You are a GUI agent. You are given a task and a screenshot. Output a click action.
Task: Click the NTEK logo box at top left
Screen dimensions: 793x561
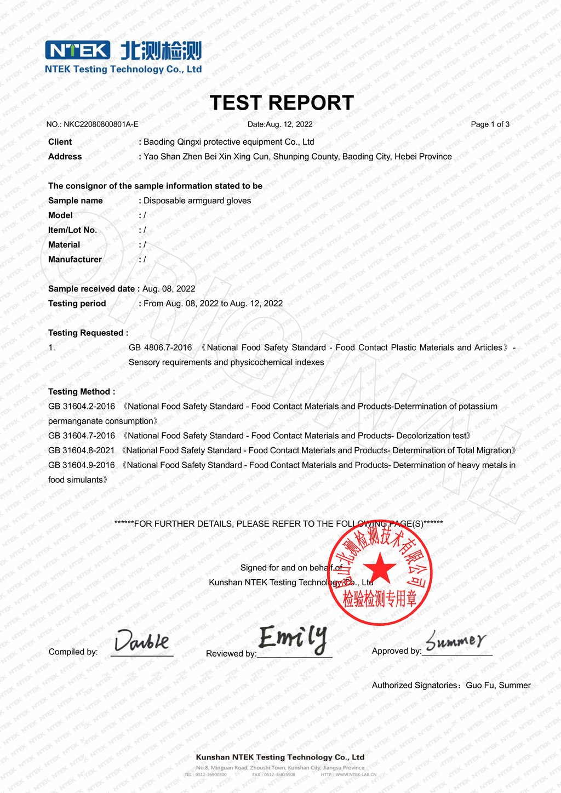[x=78, y=50]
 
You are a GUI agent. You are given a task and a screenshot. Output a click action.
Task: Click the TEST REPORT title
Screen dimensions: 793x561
[x=282, y=103]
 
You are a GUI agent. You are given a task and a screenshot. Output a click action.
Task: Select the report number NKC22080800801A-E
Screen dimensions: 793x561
[x=101, y=124]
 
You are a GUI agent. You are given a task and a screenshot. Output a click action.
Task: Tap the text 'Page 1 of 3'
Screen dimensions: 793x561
[x=490, y=124]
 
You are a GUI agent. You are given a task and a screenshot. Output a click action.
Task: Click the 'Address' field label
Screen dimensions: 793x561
[x=65, y=157]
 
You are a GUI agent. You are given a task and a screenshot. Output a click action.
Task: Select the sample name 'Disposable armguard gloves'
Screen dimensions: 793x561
[x=197, y=201]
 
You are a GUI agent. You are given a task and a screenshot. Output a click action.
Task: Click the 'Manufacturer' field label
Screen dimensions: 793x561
[x=75, y=260]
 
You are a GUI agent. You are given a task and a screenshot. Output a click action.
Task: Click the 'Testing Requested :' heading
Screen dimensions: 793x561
[x=88, y=333]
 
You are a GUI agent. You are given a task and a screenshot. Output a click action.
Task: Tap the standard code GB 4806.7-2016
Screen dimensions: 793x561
[x=160, y=348]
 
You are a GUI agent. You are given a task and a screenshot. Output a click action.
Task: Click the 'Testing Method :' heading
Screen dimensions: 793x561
[x=82, y=392]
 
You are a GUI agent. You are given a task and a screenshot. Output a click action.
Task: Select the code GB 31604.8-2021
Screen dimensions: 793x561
[x=82, y=450]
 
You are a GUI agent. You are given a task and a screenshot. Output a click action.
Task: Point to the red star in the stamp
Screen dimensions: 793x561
[x=379, y=569]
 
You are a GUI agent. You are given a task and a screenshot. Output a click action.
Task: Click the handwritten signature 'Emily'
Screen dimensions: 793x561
[x=293, y=638]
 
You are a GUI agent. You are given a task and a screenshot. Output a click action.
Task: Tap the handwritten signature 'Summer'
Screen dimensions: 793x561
[x=455, y=640]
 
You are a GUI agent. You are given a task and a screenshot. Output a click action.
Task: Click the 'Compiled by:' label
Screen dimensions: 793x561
[x=73, y=652]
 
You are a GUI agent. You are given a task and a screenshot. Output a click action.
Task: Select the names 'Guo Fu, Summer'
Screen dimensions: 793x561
[x=498, y=686]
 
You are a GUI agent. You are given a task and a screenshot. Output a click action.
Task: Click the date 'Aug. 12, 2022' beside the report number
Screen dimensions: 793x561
[x=289, y=124]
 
